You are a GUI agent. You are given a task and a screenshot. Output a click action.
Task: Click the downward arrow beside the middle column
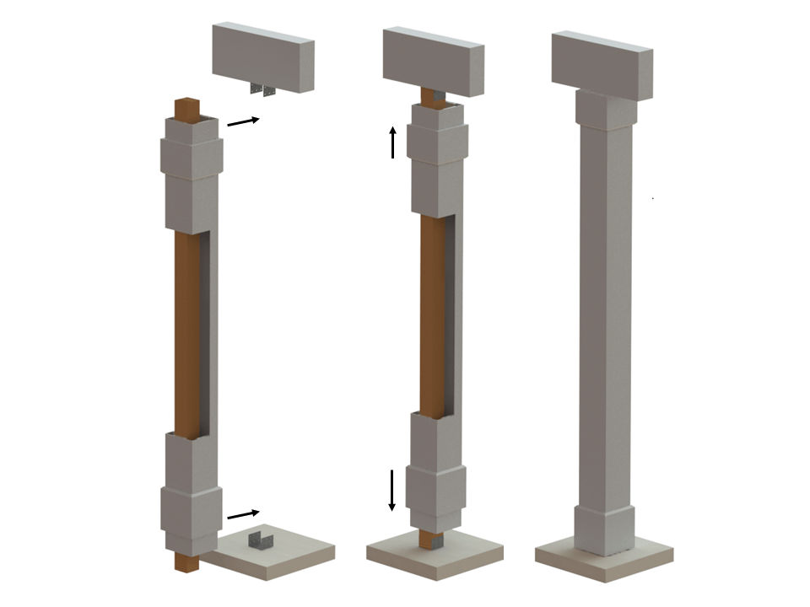(x=392, y=490)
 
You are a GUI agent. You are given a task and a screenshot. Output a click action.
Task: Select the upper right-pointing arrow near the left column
(x=243, y=121)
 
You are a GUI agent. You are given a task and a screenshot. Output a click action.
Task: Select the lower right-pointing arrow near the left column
(x=243, y=513)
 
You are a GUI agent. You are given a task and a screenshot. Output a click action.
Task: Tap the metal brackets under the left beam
(x=262, y=89)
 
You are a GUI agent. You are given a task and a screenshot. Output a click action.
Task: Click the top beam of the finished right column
(x=602, y=64)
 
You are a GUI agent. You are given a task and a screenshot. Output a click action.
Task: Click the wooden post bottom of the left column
(x=186, y=561)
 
